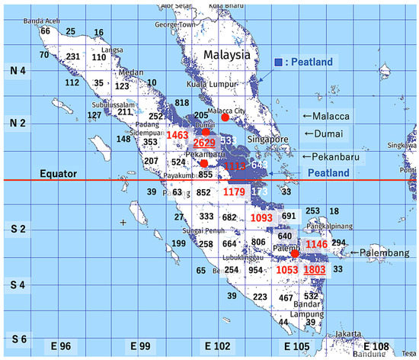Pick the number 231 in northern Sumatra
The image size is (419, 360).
pos(73,57)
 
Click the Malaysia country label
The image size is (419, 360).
pos(226,56)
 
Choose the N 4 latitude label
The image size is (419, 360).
pos(15,70)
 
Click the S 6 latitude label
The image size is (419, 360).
pos(15,338)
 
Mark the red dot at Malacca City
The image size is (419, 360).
pos(225,117)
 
